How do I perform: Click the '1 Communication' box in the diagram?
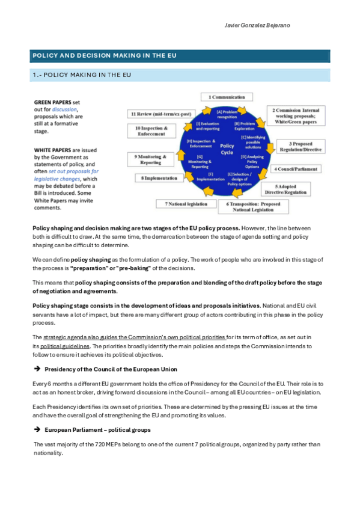[x=227, y=97]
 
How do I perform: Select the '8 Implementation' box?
[x=160, y=178]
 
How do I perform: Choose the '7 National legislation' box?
[x=186, y=204]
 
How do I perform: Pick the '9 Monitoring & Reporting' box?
[x=148, y=159]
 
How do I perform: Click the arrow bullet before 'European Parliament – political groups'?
[x=37, y=430]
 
